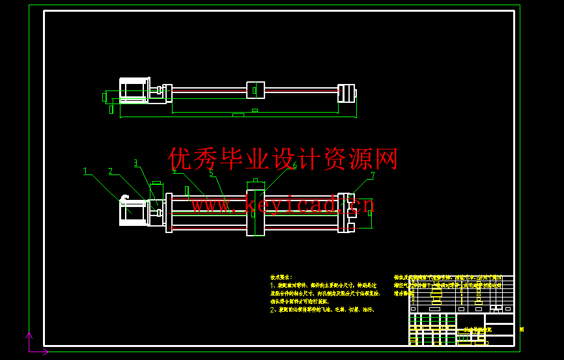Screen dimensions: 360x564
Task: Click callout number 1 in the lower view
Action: (x=85, y=171)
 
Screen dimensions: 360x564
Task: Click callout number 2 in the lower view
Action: (x=111, y=171)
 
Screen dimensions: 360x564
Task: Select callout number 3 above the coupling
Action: (x=135, y=163)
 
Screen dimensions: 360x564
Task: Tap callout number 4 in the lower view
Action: (x=174, y=171)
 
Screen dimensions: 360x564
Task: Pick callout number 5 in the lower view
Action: (x=212, y=173)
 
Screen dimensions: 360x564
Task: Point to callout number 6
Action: (x=294, y=165)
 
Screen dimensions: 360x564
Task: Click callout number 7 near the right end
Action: (x=373, y=174)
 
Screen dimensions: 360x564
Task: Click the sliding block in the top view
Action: (x=255, y=90)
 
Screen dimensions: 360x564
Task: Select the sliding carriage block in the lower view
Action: (x=255, y=212)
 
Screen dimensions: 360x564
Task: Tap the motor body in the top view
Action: (x=133, y=90)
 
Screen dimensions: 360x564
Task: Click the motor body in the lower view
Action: (x=133, y=212)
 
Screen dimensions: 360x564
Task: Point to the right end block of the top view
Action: (x=346, y=92)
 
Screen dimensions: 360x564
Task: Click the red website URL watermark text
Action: (x=274, y=206)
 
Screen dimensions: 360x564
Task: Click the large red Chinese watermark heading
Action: (x=283, y=158)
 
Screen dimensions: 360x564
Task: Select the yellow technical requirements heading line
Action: (x=281, y=277)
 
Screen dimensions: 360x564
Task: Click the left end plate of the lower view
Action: (x=169, y=212)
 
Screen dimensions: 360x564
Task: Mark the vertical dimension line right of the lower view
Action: (x=372, y=213)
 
